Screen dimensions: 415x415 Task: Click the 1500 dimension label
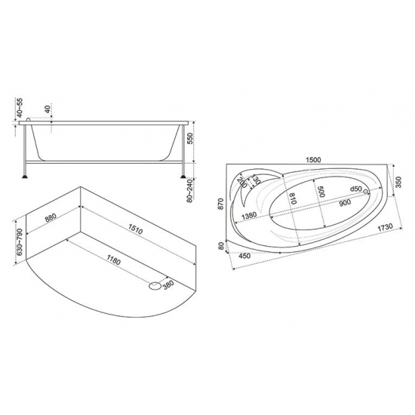coord(313,160)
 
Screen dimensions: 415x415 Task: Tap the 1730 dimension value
coord(385,227)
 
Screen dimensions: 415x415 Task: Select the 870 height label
coord(221,204)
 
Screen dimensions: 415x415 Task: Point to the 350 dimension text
coord(398,182)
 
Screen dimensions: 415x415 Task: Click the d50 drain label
coord(355,189)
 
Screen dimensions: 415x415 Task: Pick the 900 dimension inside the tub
coord(345,202)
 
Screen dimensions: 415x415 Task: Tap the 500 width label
coord(321,191)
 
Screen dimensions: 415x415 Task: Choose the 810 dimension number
coord(293,198)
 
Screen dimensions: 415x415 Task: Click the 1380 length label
coord(249,215)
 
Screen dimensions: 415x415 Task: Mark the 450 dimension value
coord(244,257)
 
